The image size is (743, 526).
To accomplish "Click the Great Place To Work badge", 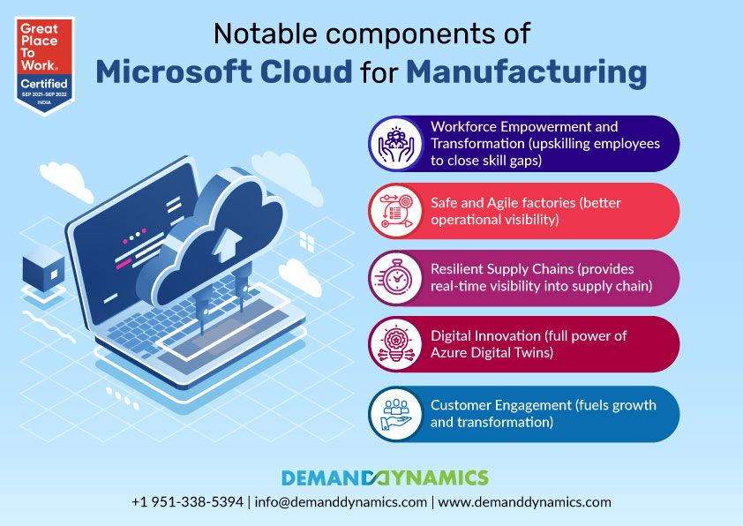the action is (44, 66).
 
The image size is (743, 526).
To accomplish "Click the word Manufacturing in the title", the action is (527, 72).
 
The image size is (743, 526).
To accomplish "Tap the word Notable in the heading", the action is (265, 34).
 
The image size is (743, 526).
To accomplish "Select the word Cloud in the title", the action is (306, 71).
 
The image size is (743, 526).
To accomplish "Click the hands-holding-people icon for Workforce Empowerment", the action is (396, 144).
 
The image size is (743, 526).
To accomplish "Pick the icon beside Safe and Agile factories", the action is (396, 211).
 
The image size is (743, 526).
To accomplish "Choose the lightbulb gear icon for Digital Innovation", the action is (396, 344).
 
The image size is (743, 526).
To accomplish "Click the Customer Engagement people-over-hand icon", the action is (396, 414).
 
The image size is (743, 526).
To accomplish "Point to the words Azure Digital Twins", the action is (491, 352).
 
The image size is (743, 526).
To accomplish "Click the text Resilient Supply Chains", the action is (502, 269).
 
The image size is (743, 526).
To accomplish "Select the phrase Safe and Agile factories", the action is (503, 203).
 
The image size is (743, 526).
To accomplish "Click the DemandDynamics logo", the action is (385, 477).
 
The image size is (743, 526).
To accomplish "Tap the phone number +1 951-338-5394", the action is (188, 502).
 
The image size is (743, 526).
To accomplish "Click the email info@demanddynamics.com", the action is (341, 502).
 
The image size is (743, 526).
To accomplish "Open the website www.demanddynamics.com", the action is (524, 502).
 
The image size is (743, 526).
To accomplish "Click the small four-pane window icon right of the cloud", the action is (307, 242).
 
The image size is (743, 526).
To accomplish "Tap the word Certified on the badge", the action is (44, 84).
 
